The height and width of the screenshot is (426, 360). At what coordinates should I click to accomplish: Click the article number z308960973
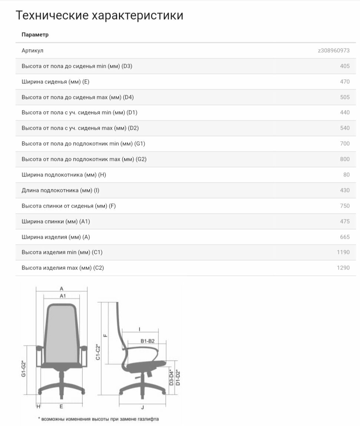pos(334,50)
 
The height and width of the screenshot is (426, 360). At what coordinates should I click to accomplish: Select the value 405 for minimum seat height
pos(344,66)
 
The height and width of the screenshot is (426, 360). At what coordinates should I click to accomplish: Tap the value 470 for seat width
pos(344,82)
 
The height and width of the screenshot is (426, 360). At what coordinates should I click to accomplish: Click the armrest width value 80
pos(346,175)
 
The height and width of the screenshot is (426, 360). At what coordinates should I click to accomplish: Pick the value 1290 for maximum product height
pos(343,267)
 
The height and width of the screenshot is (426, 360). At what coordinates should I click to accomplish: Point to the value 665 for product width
pos(344,237)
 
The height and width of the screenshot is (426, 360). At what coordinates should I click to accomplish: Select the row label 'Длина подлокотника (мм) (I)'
pos(60,190)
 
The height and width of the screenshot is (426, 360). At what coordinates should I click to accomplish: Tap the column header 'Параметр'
pos(35,35)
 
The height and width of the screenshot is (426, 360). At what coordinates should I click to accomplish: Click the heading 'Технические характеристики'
pos(99,16)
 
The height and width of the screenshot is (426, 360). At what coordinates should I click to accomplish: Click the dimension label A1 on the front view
pos(63,296)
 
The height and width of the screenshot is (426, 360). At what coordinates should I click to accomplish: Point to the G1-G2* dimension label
pos(23,369)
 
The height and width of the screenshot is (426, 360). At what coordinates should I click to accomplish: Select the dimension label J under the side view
pos(143,407)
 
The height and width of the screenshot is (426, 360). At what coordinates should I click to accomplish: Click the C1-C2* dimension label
pos(98,352)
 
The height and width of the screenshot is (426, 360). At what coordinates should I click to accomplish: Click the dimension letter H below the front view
pos(38,406)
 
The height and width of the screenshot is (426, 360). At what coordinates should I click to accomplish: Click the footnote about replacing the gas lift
pos(98,419)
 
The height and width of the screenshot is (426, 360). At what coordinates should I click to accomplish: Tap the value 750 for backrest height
pos(344,206)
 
